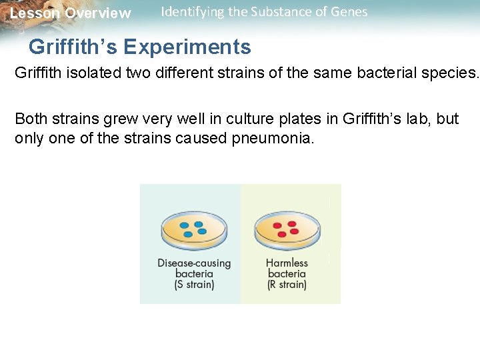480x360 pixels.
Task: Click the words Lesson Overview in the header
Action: point(71,13)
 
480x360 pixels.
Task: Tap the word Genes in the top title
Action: point(350,12)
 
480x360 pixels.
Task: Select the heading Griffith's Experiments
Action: point(140,47)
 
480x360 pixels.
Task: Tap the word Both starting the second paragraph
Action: point(31,119)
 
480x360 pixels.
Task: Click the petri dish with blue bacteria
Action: point(193,231)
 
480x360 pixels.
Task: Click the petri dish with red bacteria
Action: point(287,231)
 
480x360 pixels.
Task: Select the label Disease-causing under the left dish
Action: point(194,263)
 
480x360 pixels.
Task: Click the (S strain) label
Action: point(194,285)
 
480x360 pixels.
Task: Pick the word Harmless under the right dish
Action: point(287,263)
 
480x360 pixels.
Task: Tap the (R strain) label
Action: point(287,285)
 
